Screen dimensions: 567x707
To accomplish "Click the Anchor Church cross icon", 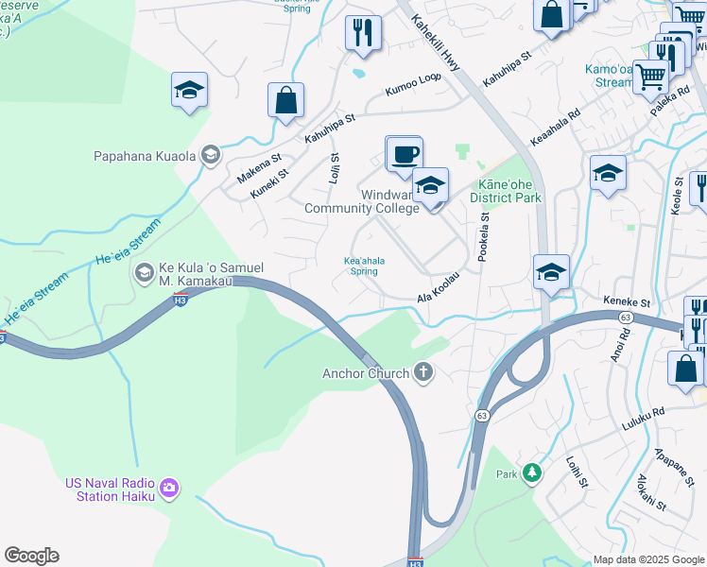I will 423,373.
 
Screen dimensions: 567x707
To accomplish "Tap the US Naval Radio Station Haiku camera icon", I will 169,488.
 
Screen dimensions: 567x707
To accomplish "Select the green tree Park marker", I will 533,472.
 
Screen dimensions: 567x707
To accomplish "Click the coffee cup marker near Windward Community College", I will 405,154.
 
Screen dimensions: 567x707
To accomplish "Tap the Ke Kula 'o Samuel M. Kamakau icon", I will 144,274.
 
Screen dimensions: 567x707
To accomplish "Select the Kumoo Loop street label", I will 412,85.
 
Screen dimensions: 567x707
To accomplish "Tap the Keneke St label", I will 628,302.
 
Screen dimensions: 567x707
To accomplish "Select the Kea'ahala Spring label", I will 361,266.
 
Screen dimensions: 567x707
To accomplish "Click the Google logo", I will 31,556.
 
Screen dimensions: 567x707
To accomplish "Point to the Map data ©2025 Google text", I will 647,559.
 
